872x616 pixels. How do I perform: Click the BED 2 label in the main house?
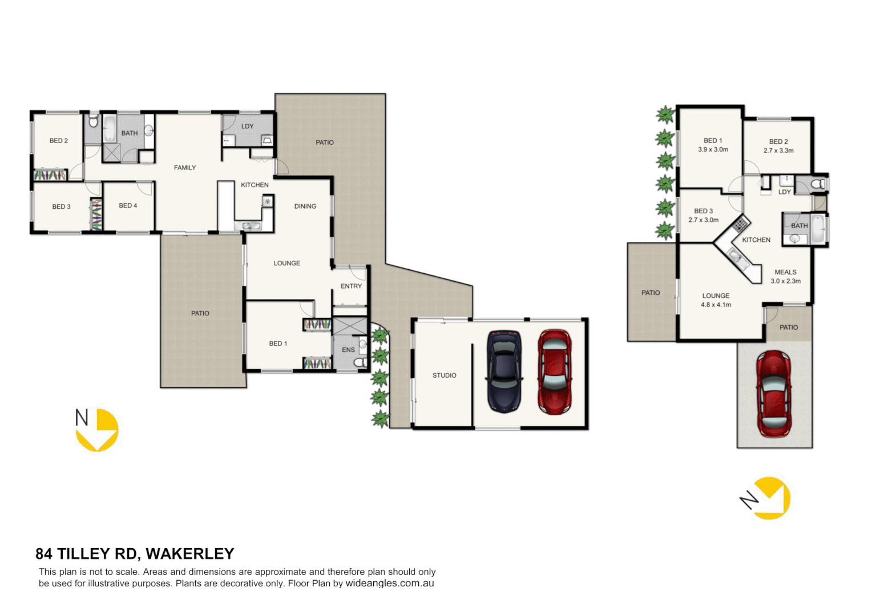click(x=58, y=141)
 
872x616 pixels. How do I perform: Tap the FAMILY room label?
click(x=185, y=168)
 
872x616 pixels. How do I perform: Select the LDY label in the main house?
click(x=247, y=127)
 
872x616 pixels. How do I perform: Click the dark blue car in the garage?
click(x=504, y=371)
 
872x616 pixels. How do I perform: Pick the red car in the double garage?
click(x=554, y=371)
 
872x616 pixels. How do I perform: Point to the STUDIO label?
click(x=444, y=375)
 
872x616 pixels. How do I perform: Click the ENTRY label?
click(x=351, y=286)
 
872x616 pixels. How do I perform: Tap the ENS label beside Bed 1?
click(x=348, y=350)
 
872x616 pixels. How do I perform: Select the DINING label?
click(x=305, y=206)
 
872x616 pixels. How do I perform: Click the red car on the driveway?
click(x=773, y=394)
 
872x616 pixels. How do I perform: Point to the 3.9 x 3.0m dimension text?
click(x=713, y=150)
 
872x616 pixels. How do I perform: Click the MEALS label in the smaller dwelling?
click(x=785, y=272)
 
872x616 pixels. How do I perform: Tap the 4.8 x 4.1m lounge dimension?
click(x=716, y=305)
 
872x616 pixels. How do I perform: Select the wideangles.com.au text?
click(x=390, y=583)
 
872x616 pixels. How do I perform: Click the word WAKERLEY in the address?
click(x=190, y=554)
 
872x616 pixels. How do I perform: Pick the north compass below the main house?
click(x=97, y=429)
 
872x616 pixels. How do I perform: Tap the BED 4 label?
click(x=128, y=205)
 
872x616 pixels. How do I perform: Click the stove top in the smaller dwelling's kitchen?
click(x=740, y=223)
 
